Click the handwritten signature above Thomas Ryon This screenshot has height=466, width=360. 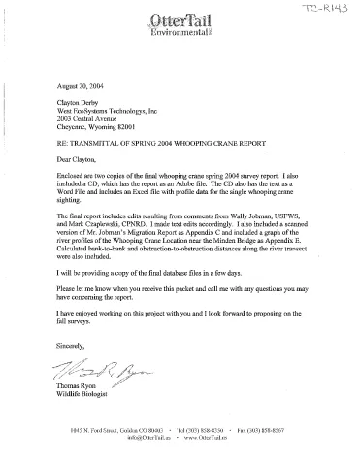(95, 372)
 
